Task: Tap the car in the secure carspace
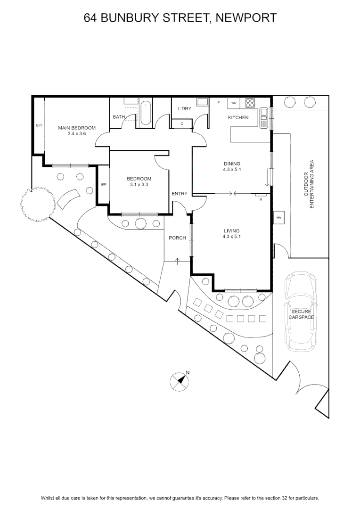(301, 312)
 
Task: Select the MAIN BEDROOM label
(77, 128)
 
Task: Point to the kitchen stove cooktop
(250, 103)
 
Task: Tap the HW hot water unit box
(279, 218)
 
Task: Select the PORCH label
(177, 238)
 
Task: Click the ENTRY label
(180, 194)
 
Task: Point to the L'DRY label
(185, 108)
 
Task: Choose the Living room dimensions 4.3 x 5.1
(232, 236)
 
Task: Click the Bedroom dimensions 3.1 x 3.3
(139, 184)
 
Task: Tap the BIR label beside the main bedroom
(39, 125)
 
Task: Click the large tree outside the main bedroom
(37, 204)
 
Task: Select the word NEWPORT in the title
(246, 17)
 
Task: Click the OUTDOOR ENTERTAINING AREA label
(309, 184)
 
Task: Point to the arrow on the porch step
(178, 261)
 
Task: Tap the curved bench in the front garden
(68, 198)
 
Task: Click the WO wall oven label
(234, 103)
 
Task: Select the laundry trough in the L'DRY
(203, 102)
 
